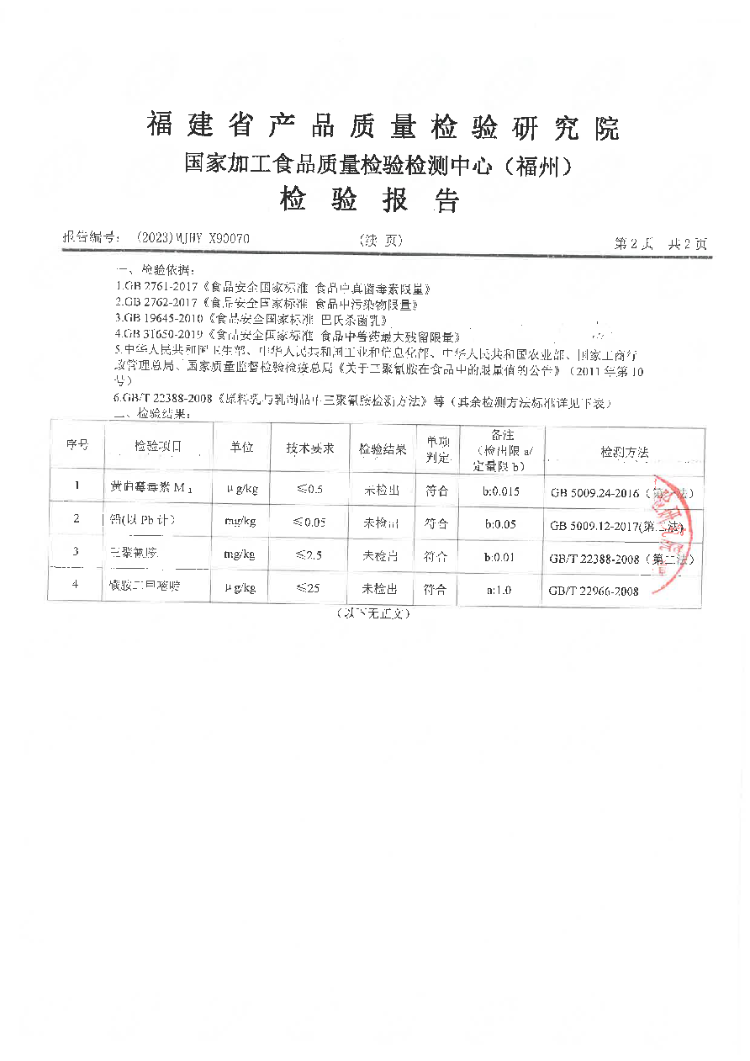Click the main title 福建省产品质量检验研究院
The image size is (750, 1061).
[383, 127]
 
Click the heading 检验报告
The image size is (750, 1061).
[370, 200]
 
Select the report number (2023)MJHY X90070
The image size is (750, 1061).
[193, 240]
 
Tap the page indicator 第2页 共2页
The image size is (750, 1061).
[660, 243]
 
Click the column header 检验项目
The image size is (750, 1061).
[157, 448]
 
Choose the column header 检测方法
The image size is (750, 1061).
[624, 452]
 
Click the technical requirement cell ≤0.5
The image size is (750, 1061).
[309, 489]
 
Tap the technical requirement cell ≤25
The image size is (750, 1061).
[308, 589]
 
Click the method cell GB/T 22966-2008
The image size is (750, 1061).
[594, 592]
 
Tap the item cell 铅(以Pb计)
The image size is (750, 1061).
[142, 521]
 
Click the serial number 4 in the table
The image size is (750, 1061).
[76, 585]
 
